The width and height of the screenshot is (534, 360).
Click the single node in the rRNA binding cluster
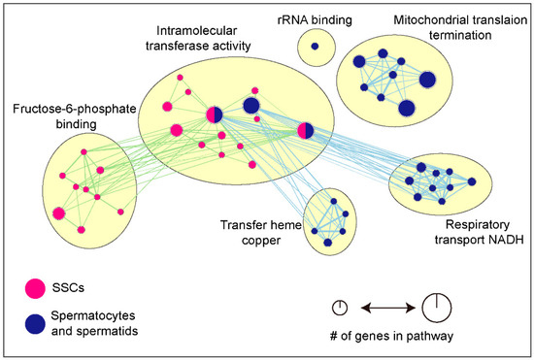315,46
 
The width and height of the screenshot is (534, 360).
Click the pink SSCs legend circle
36,286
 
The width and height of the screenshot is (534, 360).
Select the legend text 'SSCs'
80,286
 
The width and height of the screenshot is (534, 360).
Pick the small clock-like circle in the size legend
341,309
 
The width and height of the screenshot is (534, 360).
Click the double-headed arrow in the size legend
386,309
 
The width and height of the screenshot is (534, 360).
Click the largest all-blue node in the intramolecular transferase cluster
250,105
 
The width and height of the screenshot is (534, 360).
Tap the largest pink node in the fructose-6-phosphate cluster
59,213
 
